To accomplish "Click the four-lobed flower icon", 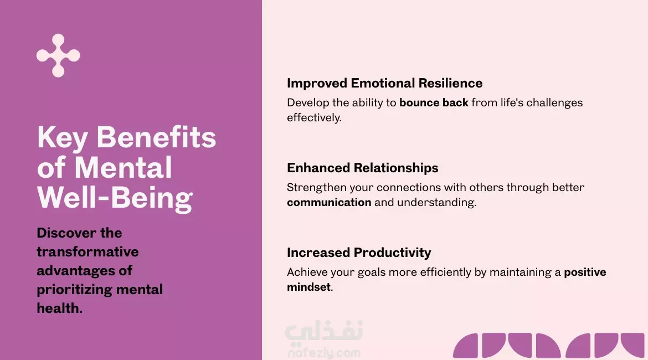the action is (x=58, y=55).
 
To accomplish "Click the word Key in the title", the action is (x=63, y=138).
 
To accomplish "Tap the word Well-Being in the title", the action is (x=115, y=198).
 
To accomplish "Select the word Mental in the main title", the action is (x=123, y=167).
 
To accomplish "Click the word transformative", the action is (x=88, y=251).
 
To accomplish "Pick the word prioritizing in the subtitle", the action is (x=75, y=290).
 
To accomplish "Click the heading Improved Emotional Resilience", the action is (x=385, y=83).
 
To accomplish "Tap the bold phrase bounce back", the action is (x=434, y=102).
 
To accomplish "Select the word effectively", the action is (x=314, y=117).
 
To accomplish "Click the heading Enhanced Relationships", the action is (x=362, y=168).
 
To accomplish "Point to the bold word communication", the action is (x=329, y=202).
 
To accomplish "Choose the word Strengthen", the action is (x=317, y=188).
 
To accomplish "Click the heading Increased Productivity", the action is (x=359, y=253).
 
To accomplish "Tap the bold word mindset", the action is (x=308, y=287).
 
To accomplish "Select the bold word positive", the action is (x=585, y=272).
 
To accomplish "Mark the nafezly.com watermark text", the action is (x=324, y=353).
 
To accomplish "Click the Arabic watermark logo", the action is (x=324, y=333).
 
